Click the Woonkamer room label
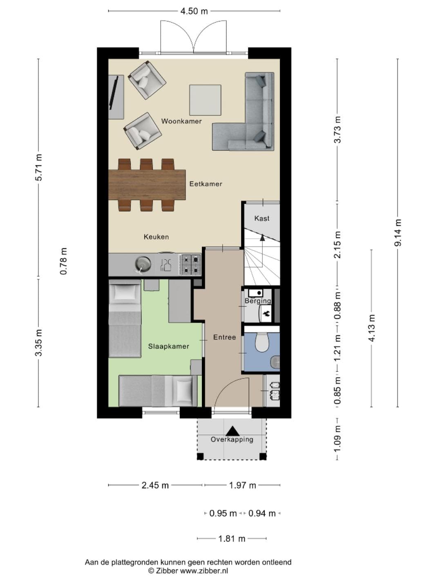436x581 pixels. (x=181, y=121)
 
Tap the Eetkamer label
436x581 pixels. (x=206, y=184)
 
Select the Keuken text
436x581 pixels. (x=156, y=237)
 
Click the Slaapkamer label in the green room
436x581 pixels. (x=169, y=346)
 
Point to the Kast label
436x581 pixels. (x=262, y=218)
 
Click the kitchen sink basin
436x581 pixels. (x=143, y=264)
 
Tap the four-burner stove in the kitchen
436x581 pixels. (x=190, y=265)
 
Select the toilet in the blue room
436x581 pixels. (x=262, y=342)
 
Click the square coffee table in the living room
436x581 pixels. (x=205, y=100)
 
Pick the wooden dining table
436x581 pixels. (x=147, y=185)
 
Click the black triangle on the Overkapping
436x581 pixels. (x=232, y=431)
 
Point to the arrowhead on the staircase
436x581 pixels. (x=262, y=237)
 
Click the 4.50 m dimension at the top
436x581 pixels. (x=194, y=11)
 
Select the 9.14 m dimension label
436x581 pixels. (x=398, y=232)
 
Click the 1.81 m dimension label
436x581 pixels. (x=232, y=539)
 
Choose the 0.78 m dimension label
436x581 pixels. (x=63, y=261)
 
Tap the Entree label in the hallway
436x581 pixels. (x=224, y=337)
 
